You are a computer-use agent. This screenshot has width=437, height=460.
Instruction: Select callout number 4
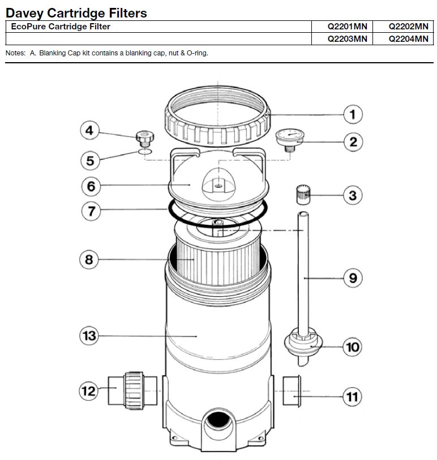[88, 131]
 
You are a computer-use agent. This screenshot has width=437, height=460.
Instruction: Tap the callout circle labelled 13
[89, 336]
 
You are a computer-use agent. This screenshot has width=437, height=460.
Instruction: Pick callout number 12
[88, 390]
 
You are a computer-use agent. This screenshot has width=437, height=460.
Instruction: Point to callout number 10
[352, 346]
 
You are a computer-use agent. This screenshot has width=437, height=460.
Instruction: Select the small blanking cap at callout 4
[145, 137]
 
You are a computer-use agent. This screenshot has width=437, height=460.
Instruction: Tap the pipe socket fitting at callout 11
[293, 390]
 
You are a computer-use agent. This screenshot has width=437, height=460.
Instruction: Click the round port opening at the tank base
[218, 421]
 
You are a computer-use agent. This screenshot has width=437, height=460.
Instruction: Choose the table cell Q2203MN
[348, 39]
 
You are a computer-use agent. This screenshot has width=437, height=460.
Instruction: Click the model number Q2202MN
[408, 27]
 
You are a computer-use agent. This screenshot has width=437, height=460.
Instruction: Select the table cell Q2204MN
[408, 39]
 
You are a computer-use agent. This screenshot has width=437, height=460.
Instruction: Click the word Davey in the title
[27, 12]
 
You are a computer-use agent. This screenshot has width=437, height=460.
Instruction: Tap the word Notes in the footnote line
[15, 53]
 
